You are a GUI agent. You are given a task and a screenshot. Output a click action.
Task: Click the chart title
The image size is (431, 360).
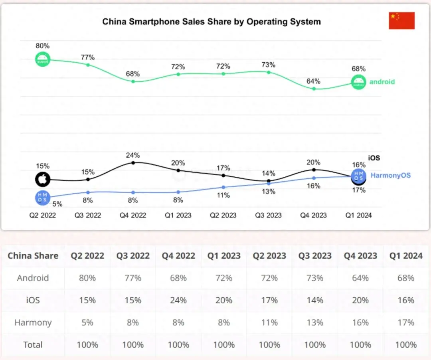click(212, 22)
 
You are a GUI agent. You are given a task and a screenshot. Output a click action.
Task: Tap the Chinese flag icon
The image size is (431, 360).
click(401, 21)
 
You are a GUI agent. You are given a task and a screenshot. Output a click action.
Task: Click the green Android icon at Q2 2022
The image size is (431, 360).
click(42, 59)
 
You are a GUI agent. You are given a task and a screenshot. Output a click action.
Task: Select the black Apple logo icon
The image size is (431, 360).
click(42, 180)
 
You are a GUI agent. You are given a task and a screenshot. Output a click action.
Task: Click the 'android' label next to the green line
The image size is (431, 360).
click(382, 82)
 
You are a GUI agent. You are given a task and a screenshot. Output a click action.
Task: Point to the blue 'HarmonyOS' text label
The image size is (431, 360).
click(390, 175)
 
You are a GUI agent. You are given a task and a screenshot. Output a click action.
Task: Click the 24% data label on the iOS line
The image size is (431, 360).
click(133, 155)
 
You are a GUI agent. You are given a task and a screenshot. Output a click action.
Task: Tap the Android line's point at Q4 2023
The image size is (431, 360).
click(314, 89)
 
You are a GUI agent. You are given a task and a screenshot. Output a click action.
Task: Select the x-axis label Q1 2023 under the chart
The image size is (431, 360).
click(178, 215)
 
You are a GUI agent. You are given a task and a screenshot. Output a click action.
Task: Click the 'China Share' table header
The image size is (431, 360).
click(33, 256)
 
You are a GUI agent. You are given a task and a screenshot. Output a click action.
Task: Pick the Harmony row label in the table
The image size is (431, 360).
click(33, 322)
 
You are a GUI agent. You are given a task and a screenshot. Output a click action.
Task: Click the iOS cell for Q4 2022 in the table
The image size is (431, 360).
click(178, 300)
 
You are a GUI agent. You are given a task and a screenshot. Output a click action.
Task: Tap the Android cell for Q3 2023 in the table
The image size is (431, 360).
click(315, 278)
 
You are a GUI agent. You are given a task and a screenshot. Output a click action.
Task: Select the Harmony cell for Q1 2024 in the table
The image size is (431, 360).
click(406, 322)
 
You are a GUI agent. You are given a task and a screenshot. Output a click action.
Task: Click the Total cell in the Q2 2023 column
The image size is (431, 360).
click(269, 345)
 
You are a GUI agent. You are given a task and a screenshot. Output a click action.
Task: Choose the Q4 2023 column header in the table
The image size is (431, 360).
click(360, 256)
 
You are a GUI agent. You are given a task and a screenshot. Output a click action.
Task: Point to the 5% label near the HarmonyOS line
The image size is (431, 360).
click(57, 204)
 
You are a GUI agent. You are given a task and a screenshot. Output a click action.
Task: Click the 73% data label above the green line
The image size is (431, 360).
click(268, 65)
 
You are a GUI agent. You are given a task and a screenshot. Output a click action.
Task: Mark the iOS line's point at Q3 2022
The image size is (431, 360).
click(88, 180)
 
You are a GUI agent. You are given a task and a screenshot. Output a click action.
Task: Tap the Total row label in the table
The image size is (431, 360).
click(33, 345)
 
